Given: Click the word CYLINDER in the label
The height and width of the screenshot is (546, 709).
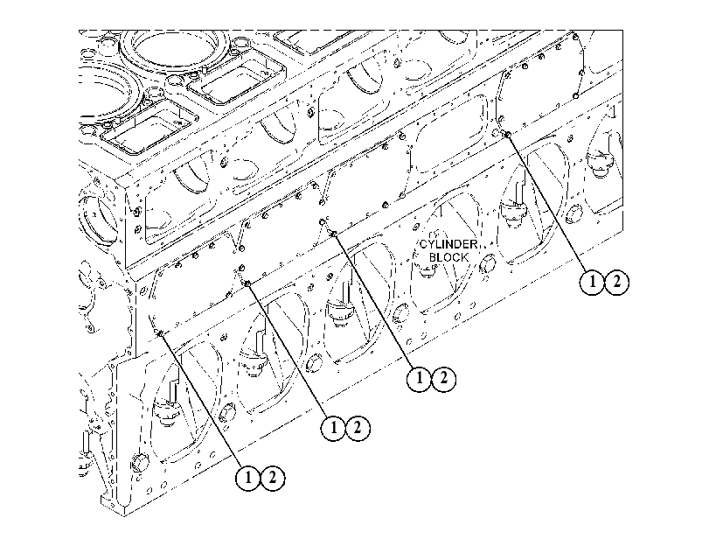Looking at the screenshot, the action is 448,244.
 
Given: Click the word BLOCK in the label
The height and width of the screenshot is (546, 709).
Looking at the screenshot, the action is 448,257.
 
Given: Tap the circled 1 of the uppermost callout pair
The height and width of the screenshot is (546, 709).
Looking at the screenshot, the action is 592,282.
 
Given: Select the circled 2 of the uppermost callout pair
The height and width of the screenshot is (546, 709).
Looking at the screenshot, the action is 616,282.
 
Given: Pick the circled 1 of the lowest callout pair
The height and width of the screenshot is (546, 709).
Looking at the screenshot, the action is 248,478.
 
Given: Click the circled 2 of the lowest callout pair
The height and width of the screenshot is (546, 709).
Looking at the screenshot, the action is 273,478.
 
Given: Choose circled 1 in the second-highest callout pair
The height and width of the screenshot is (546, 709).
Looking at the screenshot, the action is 420,378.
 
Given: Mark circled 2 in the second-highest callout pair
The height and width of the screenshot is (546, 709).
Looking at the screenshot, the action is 444,378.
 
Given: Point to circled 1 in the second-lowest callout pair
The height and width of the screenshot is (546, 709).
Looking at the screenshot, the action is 334,428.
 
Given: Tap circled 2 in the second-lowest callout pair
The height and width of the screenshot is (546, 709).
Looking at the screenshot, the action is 358,428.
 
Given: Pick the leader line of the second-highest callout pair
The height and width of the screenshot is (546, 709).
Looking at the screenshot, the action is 374,301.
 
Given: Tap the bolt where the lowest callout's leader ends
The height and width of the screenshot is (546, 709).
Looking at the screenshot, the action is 161,333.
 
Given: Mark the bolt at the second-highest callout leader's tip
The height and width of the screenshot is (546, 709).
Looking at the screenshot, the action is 334,234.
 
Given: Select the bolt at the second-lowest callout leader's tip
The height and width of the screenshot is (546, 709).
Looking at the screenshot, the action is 247,283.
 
